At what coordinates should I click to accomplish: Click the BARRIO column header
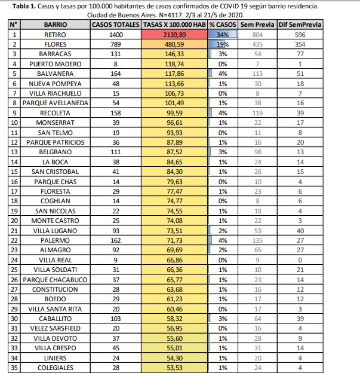56,25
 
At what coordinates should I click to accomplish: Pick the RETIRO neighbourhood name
55,35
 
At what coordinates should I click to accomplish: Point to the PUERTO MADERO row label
55,64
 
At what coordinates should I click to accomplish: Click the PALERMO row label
55,239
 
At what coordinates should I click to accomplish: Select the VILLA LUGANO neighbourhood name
55,230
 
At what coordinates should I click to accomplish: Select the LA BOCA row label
55,161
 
